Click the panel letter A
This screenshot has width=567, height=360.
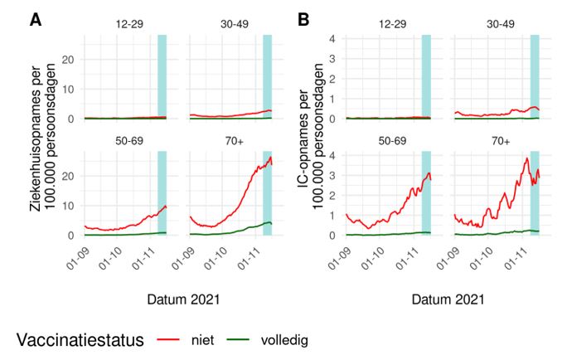click(36, 19)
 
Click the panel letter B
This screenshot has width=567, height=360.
click(303, 19)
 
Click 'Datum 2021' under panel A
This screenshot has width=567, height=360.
click(178, 299)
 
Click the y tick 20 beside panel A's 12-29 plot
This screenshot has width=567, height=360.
click(71, 60)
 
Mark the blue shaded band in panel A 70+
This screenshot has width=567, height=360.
click(267, 192)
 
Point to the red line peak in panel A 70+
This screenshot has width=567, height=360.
click(270, 157)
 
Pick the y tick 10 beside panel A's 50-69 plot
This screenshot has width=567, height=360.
click(71, 206)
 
